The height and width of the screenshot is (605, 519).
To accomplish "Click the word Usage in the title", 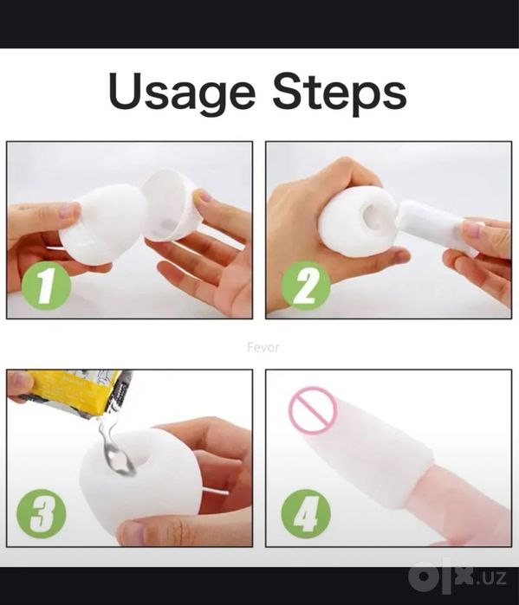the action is coord(181,92).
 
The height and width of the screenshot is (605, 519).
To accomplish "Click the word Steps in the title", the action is coord(340,92).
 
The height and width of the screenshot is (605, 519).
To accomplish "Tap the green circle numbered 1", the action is coord(46,286).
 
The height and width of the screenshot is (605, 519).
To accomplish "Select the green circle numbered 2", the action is coord(306,286).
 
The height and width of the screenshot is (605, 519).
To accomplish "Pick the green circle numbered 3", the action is coord(42,513).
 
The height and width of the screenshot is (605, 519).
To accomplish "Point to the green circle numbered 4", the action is coord(306,513).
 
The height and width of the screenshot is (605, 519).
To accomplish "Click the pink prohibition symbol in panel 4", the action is coord(313,409).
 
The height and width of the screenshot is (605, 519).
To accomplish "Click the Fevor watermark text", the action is coord(263,347).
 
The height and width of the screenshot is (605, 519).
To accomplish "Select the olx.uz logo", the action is coord(458,577).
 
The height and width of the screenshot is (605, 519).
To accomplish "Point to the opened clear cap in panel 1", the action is coord(169,205).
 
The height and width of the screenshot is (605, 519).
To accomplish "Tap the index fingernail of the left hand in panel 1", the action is coord(69,210).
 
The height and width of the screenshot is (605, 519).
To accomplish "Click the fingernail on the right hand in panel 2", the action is coord(474,228).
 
